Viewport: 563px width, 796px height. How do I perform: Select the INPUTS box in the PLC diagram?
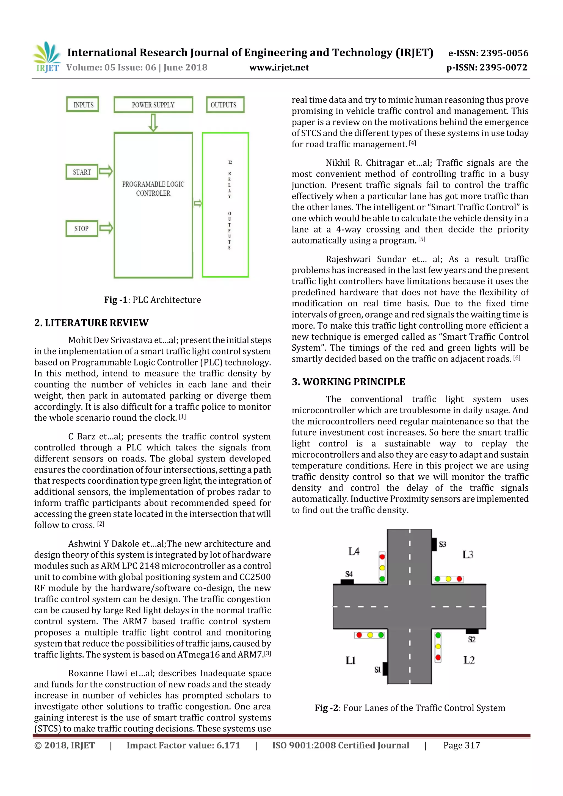tap(82, 105)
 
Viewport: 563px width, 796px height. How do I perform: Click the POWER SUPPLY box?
tap(153, 105)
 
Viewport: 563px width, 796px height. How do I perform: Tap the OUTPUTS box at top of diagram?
tap(225, 105)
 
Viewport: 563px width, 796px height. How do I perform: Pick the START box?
tap(82, 172)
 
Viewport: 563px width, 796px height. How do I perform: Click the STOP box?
tap(82, 228)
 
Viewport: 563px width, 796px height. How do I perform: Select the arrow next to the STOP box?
tap(106, 228)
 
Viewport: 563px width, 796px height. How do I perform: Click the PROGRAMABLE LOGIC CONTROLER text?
tap(153, 188)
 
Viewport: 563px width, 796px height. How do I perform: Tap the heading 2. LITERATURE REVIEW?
tap(91, 323)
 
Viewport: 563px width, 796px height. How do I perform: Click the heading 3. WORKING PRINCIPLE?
tap(348, 382)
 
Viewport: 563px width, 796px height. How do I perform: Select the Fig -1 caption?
tap(153, 299)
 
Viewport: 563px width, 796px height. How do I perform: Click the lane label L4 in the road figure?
tap(354, 551)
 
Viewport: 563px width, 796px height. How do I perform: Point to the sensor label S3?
tap(442, 544)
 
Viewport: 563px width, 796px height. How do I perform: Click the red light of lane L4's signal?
tap(382, 557)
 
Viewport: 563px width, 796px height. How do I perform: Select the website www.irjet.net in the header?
tap(279, 67)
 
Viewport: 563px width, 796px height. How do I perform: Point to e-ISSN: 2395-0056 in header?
tap(488, 53)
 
